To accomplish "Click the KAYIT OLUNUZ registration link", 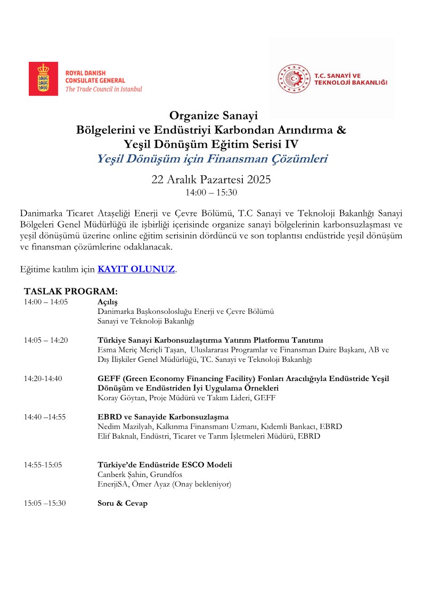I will tap(136, 269).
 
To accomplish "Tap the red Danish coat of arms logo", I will tap(43, 79).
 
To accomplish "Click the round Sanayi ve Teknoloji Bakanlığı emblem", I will tap(294, 79).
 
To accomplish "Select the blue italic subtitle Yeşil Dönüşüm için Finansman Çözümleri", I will tap(211, 158).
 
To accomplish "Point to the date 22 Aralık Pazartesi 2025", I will tap(211, 180).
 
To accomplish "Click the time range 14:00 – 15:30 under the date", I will tap(211, 192).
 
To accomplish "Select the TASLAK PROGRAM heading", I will tap(70, 292).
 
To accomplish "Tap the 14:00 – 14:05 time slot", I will tap(46, 302).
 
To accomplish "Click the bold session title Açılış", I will tap(107, 302).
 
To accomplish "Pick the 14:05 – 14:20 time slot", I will tap(46, 340).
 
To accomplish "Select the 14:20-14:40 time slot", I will tap(43, 378).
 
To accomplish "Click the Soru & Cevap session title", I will tap(123, 503).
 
